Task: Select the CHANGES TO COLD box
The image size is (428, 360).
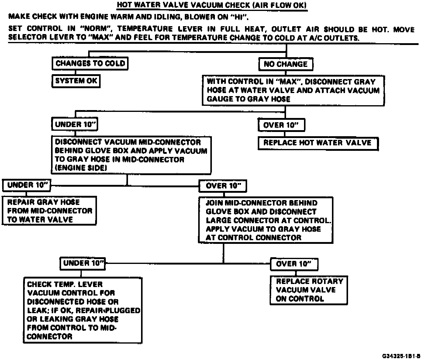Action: [90, 64]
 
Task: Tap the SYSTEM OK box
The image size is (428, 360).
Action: [76, 81]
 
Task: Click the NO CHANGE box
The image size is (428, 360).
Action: [285, 64]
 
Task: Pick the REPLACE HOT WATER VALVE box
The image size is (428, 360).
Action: [318, 143]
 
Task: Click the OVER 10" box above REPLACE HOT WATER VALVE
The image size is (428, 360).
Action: [281, 125]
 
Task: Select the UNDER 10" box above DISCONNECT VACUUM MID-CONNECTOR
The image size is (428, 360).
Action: [74, 124]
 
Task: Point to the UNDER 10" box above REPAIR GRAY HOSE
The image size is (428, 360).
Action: [26, 185]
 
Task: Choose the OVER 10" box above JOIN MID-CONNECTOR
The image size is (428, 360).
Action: [223, 186]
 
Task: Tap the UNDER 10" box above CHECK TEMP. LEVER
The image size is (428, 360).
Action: [83, 263]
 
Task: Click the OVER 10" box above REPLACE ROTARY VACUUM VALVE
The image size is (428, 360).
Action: [294, 264]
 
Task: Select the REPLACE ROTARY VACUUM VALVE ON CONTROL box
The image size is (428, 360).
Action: [309, 290]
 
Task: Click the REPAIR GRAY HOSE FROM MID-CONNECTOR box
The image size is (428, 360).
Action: [49, 211]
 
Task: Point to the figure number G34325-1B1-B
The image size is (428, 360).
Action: [401, 356]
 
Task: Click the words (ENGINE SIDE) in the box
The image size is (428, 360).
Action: [81, 168]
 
